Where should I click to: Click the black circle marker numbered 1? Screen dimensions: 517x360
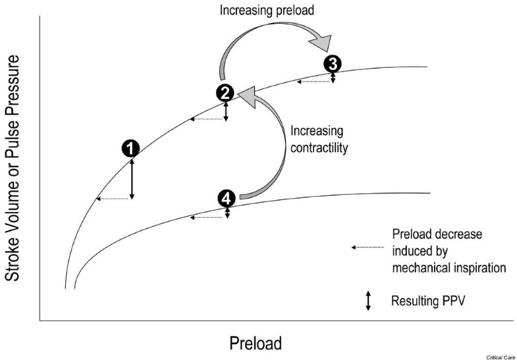pos(132,148)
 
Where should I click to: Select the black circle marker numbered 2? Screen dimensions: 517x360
pos(225,93)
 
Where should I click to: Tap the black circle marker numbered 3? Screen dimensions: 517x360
pos(333,64)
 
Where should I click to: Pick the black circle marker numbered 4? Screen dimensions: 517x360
pos(226,198)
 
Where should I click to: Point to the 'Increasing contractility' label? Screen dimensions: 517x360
pos(319,141)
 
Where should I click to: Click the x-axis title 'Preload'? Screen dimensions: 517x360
pos(256,343)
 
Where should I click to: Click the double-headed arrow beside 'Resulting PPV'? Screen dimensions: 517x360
pos(368,301)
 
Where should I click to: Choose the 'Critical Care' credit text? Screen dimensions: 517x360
pos(500,355)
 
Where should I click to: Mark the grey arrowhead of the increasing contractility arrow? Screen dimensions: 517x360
pos(247,98)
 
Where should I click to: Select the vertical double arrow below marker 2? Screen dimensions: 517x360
pos(226,110)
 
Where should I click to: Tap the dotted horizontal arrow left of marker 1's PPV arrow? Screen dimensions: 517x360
pos(113,199)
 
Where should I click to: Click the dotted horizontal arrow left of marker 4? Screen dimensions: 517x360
pos(208,217)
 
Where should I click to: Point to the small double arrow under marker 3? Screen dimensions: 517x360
pos(333,78)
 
